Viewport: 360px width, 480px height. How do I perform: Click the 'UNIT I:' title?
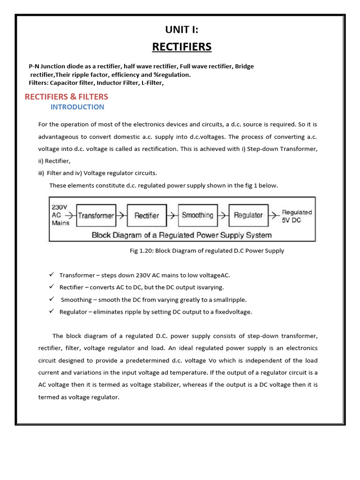pyautogui.click(x=181, y=30)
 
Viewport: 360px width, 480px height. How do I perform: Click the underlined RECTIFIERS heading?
pyautogui.click(x=181, y=47)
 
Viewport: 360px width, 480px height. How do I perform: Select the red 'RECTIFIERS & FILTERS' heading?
pyautogui.click(x=66, y=97)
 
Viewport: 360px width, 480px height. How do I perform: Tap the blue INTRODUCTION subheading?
pyautogui.click(x=77, y=107)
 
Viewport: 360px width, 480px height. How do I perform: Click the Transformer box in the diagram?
pyautogui.click(x=96, y=216)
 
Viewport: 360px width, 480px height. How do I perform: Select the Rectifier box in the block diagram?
pyautogui.click(x=147, y=216)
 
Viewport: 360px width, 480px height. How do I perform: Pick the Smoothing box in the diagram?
pyautogui.click(x=197, y=216)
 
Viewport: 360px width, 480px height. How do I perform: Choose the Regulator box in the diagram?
pyautogui.click(x=248, y=216)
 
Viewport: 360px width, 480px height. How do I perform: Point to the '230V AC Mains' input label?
pyautogui.click(x=60, y=215)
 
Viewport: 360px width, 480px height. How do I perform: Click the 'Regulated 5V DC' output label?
pyautogui.click(x=296, y=216)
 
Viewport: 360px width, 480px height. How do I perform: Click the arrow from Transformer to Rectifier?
pyautogui.click(x=121, y=216)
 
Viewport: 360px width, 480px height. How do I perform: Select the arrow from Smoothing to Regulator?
pyautogui.click(x=223, y=216)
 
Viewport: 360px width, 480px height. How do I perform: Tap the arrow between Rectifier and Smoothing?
pyautogui.click(x=172, y=216)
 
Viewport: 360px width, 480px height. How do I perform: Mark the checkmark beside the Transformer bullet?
pyautogui.click(x=52, y=275)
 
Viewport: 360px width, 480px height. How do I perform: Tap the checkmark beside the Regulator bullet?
pyautogui.click(x=52, y=312)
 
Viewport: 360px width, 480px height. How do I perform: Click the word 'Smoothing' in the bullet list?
pyautogui.click(x=76, y=300)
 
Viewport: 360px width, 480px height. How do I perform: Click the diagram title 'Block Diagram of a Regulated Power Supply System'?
pyautogui.click(x=181, y=235)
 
